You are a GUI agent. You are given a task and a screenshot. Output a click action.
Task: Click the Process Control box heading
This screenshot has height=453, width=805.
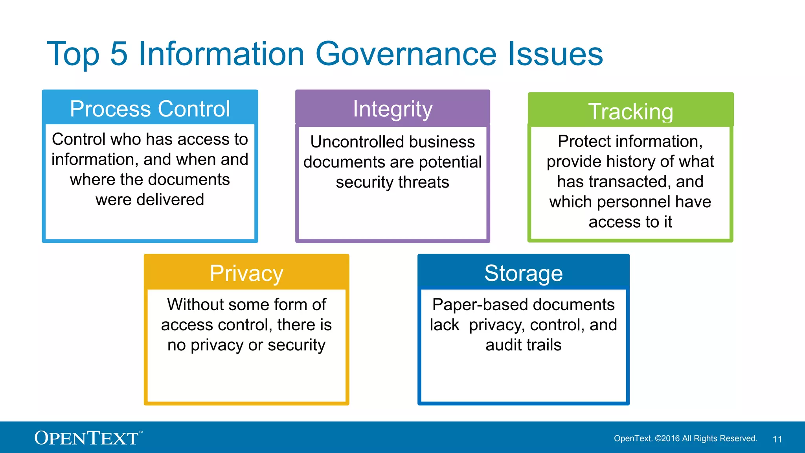pos(150,109)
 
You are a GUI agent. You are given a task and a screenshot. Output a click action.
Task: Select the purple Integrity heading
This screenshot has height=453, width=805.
pos(392,109)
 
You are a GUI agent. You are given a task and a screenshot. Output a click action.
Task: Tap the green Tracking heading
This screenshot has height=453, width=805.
pos(630,112)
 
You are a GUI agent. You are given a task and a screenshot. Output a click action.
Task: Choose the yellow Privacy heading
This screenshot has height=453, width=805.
pos(246,273)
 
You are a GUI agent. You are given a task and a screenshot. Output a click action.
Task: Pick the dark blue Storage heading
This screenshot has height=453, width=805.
pos(523,273)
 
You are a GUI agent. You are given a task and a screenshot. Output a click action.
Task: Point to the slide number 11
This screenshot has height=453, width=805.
pos(777,439)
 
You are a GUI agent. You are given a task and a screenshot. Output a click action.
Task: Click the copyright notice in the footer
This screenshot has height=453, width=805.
pos(686,438)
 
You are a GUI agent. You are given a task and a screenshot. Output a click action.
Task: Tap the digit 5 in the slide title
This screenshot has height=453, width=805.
pos(119,54)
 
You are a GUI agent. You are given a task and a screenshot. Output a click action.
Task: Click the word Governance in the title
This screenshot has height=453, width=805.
pos(406,54)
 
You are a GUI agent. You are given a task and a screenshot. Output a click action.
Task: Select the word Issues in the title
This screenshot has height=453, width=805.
pos(555,54)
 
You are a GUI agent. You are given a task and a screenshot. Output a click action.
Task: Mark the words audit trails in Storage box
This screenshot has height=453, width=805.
pos(523,345)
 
